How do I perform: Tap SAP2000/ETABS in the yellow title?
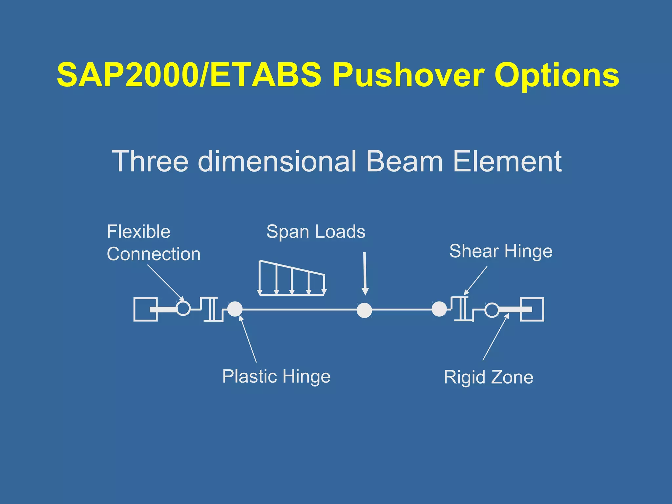click(189, 75)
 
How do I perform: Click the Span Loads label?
click(316, 232)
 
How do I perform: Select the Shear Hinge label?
click(501, 251)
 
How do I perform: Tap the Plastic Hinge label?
click(276, 376)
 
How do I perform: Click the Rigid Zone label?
click(488, 377)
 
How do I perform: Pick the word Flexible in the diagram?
click(138, 232)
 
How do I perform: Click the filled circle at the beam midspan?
click(364, 310)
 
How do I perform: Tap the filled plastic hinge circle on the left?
click(235, 309)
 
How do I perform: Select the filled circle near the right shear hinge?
click(439, 309)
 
